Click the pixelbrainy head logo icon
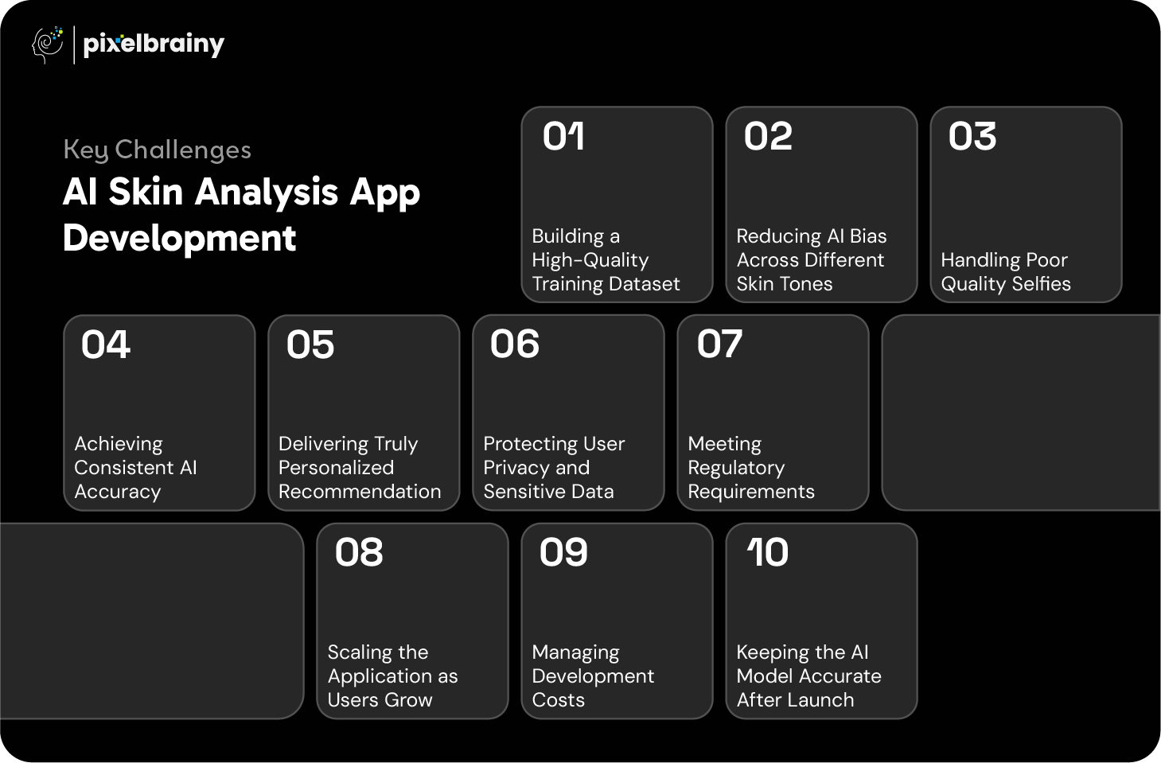click(48, 45)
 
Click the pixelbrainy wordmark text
click(154, 45)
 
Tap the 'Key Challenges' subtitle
click(157, 150)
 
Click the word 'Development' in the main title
click(179, 239)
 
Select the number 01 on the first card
click(563, 136)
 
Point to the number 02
click(768, 136)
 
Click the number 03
click(972, 136)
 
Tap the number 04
click(106, 345)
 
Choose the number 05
click(310, 345)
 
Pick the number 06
click(515, 345)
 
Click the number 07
click(719, 345)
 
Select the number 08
click(359, 552)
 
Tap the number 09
click(563, 552)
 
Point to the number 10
click(768, 552)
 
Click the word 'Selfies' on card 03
click(1041, 283)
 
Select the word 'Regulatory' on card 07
click(736, 469)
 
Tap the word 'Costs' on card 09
click(558, 700)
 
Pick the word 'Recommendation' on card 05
click(360, 492)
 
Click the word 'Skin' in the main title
click(146, 192)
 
